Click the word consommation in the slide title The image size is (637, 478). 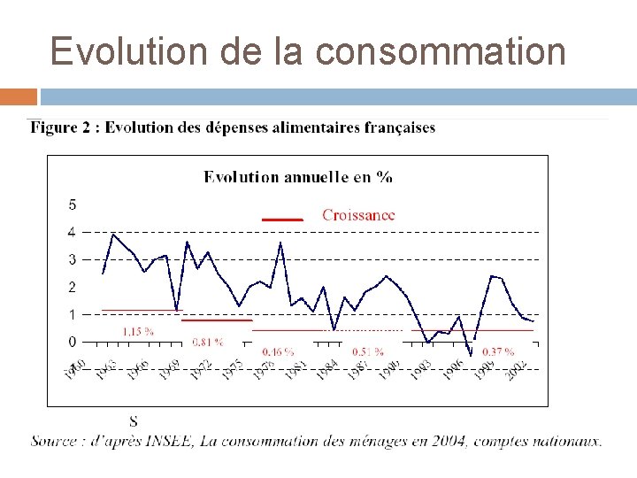(x=441, y=51)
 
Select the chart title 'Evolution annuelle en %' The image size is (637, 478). (x=298, y=176)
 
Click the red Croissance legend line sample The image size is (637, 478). (x=282, y=218)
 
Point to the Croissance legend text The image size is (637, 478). (x=358, y=214)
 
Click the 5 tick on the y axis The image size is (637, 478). (x=72, y=204)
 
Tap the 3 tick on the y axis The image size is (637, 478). (x=72, y=259)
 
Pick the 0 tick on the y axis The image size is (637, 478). (x=72, y=342)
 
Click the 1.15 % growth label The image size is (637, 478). (x=137, y=331)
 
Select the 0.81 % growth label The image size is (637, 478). (x=207, y=341)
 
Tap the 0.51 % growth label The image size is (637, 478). (x=367, y=351)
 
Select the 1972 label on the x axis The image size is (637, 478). (x=203, y=370)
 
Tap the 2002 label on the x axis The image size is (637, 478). (x=517, y=370)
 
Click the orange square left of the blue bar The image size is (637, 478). (x=19, y=96)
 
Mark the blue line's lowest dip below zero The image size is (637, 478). (x=471, y=354)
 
